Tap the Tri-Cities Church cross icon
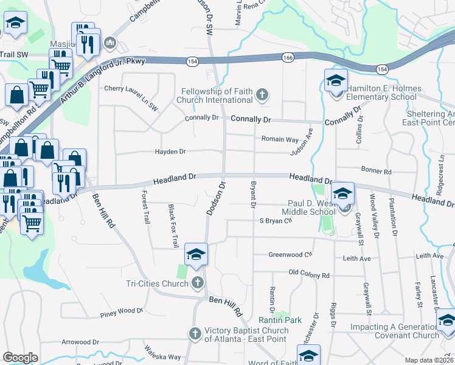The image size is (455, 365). click(197, 282)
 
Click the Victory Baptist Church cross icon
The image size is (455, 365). click(195, 333)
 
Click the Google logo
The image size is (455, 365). click(20, 357)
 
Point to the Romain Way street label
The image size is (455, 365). click(280, 139)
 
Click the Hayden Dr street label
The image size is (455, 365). click(170, 151)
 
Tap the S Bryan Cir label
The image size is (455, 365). click(276, 221)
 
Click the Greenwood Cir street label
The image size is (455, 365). click(290, 255)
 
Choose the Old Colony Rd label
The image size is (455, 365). click(309, 275)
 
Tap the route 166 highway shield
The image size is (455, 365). click(288, 57)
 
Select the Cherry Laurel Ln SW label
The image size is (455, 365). click(131, 88)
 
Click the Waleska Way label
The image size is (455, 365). click(162, 353)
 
